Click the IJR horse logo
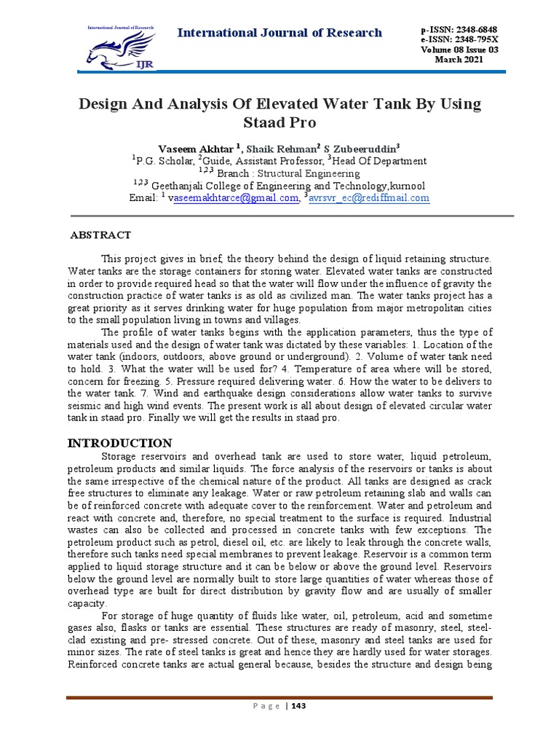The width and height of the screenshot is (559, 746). [121, 48]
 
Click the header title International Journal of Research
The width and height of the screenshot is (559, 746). [280, 33]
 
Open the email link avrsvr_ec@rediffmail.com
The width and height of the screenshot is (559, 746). [370, 197]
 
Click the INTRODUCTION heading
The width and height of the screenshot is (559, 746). [119, 443]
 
